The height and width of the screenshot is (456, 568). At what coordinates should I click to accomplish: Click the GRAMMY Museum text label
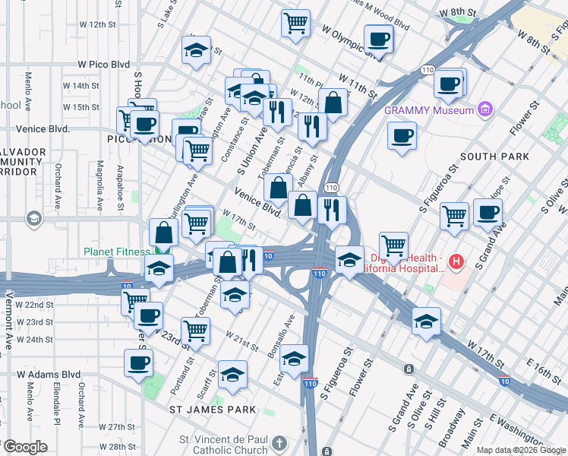(429, 109)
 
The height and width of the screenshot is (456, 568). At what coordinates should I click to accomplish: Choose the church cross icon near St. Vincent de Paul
(280, 443)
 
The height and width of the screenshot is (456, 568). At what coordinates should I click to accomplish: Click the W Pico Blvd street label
(104, 65)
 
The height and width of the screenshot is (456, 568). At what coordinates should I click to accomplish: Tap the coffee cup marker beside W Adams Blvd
(139, 363)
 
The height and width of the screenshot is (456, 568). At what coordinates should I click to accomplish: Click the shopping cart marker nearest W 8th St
(295, 21)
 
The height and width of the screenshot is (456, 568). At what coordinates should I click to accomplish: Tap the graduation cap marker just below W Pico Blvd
(196, 51)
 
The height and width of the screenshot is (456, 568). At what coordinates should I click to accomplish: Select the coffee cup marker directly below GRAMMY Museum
(402, 137)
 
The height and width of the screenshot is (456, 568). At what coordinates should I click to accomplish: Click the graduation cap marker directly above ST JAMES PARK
(232, 375)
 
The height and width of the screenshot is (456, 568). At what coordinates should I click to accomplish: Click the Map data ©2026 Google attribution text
(521, 450)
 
